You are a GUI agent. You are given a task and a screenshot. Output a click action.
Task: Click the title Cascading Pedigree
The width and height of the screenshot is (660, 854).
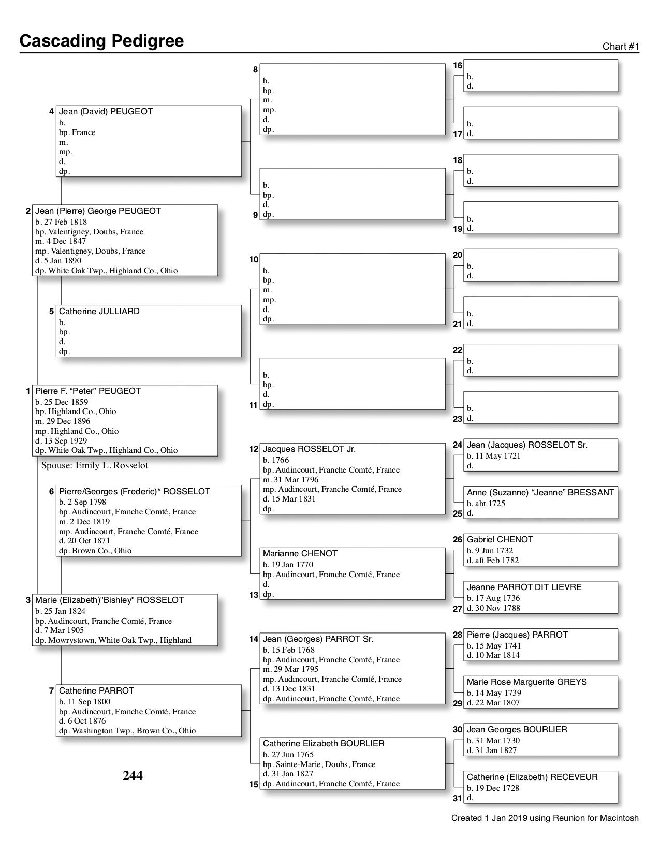pos(101,41)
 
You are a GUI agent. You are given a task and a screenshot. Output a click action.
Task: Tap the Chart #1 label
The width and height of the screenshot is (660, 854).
pos(621,47)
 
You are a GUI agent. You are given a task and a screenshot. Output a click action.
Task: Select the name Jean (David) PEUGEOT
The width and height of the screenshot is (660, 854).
pos(106,112)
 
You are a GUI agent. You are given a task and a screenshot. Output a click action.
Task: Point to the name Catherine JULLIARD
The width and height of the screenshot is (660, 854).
pos(99,312)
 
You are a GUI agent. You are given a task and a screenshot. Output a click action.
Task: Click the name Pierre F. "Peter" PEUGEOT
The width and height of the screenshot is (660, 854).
pos(88,391)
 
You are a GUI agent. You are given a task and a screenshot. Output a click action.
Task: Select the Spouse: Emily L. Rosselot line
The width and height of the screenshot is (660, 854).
pos(95,465)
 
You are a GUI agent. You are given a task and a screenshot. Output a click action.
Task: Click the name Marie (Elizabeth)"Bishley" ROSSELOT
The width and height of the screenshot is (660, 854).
pos(109,600)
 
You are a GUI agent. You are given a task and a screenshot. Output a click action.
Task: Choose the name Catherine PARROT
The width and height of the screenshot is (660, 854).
pos(96,691)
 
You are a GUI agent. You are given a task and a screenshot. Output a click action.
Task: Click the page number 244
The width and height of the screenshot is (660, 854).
pos(133,775)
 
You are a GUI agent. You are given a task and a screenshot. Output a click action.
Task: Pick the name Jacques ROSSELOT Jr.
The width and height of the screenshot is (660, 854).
pos(309,449)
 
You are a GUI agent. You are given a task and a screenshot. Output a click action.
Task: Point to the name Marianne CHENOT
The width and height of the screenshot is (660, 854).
pos(300,554)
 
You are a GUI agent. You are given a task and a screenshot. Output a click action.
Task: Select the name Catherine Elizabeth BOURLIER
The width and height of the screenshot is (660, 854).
pos(324,744)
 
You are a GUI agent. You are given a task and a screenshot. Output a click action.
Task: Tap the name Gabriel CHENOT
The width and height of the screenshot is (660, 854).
pos(500,540)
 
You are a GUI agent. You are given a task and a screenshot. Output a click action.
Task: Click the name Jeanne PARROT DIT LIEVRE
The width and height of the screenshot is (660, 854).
pos(524,587)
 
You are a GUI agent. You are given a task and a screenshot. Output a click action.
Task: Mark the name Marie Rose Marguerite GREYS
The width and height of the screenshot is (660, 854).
pos(526,682)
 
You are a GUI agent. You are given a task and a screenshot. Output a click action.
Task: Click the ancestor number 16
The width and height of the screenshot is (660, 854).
pos(458,66)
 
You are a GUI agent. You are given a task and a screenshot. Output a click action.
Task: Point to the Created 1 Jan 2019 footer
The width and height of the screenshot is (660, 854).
pos(545,818)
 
